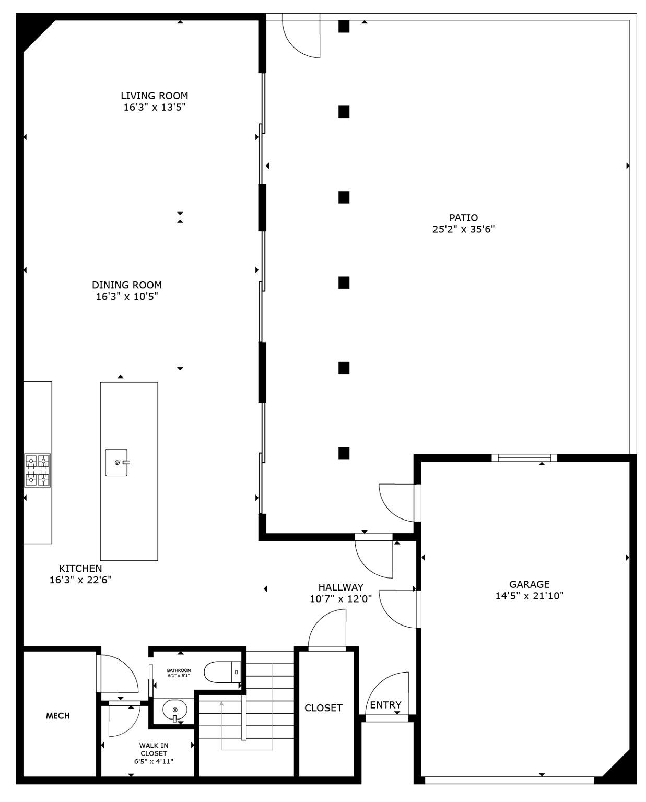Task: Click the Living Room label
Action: point(155,96)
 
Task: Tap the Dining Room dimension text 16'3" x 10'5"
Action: point(127,297)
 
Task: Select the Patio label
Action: point(463,218)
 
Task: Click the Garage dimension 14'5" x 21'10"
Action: point(529,596)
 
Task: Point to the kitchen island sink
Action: point(116,463)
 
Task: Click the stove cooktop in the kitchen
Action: point(38,470)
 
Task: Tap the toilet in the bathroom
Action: point(221,672)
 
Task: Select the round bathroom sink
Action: point(174,710)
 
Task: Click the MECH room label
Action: point(58,716)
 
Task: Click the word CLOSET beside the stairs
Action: point(323,708)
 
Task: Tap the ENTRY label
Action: point(385,705)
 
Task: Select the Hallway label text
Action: point(340,587)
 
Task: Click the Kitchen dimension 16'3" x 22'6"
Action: point(80,580)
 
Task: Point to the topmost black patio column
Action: point(344,26)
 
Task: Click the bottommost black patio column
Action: point(344,453)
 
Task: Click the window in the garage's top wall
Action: point(524,458)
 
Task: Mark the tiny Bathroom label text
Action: point(179,670)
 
